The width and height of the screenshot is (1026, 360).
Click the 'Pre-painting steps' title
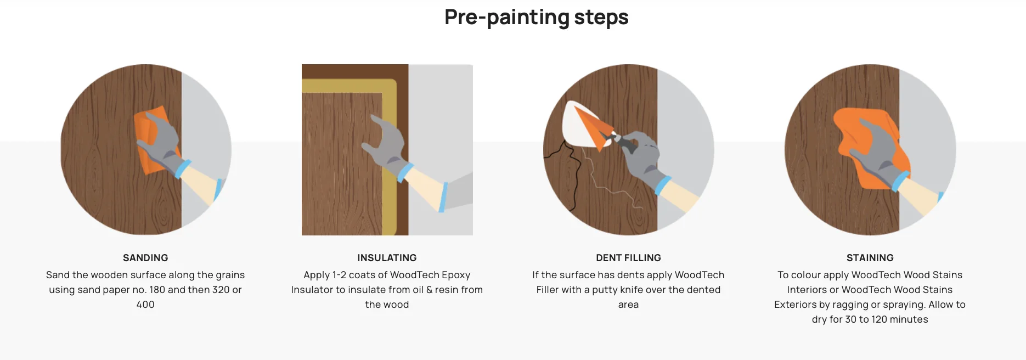(536, 18)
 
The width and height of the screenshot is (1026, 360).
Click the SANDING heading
(145, 258)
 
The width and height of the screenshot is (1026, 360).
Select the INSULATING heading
(387, 258)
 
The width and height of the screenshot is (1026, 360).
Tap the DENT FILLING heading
(628, 258)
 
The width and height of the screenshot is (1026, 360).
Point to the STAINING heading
(870, 258)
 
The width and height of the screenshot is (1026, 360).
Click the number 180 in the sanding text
(157, 290)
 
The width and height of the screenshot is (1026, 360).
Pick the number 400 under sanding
(145, 305)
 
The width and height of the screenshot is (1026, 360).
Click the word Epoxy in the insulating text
(456, 275)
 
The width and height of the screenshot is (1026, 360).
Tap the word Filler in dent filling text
(547, 290)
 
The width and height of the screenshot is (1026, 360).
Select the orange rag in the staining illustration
(867, 148)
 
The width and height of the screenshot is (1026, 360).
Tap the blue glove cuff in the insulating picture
(405, 172)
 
